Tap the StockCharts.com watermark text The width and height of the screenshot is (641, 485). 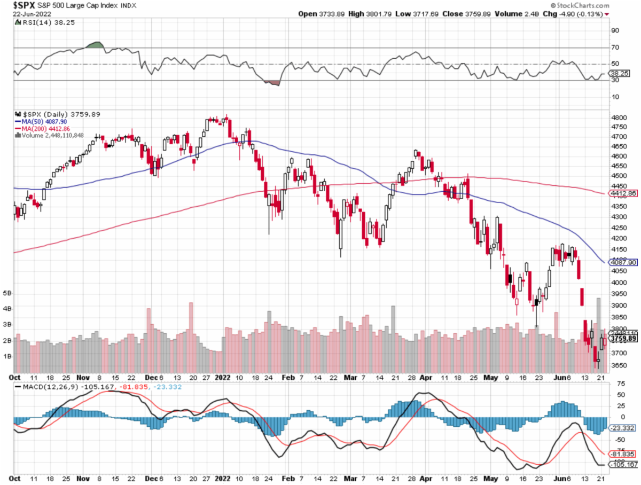[x=612, y=5]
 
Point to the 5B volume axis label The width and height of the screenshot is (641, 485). [x=7, y=293]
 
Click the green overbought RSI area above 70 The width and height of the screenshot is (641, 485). [x=96, y=44]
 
